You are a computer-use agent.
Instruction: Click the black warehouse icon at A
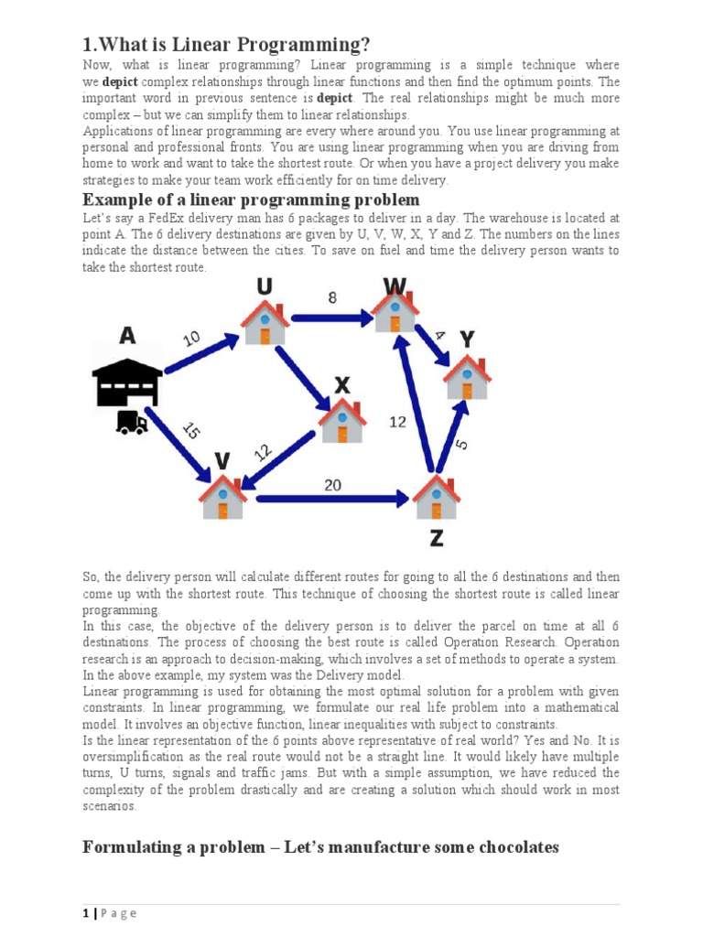tap(127, 378)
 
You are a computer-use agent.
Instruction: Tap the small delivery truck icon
tap(132, 422)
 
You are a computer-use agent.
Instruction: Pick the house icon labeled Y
tap(467, 374)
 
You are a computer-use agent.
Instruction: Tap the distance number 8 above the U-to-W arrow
tap(332, 296)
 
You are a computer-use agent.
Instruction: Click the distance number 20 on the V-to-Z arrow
tap(334, 485)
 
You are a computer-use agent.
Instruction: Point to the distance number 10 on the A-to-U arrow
tap(192, 338)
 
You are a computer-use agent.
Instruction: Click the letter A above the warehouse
tap(127, 336)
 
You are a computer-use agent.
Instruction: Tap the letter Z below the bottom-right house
tap(437, 538)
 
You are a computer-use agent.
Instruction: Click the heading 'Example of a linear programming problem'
tap(251, 199)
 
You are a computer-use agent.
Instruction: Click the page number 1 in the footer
tap(85, 913)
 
